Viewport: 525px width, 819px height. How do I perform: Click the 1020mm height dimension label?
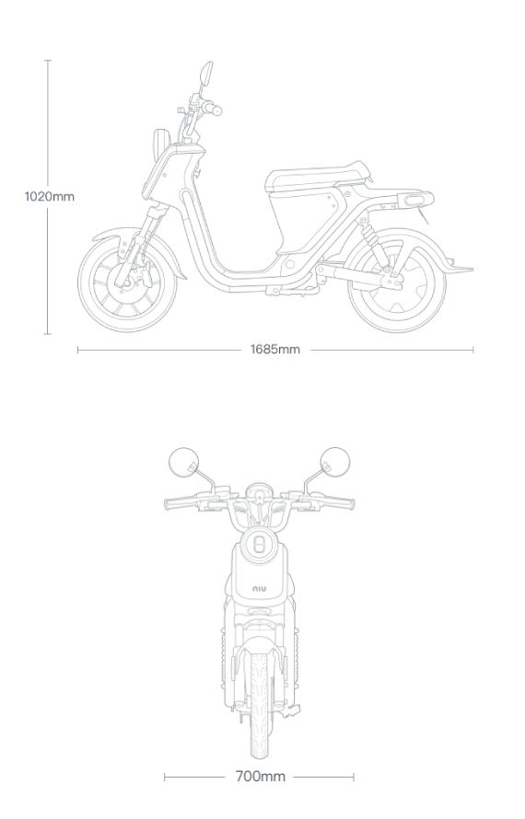(x=50, y=196)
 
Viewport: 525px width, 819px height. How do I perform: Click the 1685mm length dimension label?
(x=275, y=350)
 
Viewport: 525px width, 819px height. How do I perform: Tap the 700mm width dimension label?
(x=261, y=777)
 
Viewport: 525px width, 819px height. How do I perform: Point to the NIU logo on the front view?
(x=260, y=589)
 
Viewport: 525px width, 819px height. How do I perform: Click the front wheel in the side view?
(x=127, y=283)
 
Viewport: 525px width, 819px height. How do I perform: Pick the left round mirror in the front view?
(x=184, y=462)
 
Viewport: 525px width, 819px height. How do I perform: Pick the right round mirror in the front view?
(x=334, y=462)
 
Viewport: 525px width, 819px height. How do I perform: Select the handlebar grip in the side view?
(x=214, y=110)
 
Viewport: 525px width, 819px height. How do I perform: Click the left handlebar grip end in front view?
(x=172, y=504)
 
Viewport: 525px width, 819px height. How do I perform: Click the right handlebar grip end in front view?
(x=346, y=504)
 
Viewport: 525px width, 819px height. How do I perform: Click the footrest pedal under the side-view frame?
(x=292, y=291)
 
